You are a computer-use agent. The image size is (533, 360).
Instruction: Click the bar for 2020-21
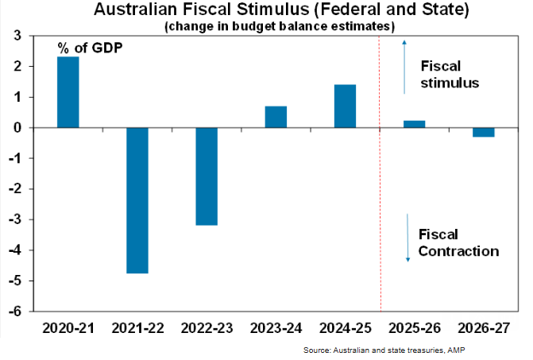[x=68, y=92]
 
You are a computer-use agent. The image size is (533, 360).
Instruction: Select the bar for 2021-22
[x=137, y=199]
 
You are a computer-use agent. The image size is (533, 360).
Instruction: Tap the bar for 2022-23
[x=207, y=176]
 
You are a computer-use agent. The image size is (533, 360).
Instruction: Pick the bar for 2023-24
[x=276, y=117]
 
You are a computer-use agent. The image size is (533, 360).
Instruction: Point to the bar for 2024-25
[x=345, y=106]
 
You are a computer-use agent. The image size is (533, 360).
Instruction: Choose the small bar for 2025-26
[x=414, y=124]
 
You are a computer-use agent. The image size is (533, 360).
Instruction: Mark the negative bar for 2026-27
[x=483, y=132]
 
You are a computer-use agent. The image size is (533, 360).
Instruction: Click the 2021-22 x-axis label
[x=137, y=327]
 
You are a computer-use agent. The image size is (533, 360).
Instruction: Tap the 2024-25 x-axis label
[x=345, y=327]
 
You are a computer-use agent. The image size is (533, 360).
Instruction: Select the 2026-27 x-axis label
[x=483, y=327]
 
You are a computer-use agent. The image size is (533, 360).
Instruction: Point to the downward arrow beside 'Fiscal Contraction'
[x=407, y=238]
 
